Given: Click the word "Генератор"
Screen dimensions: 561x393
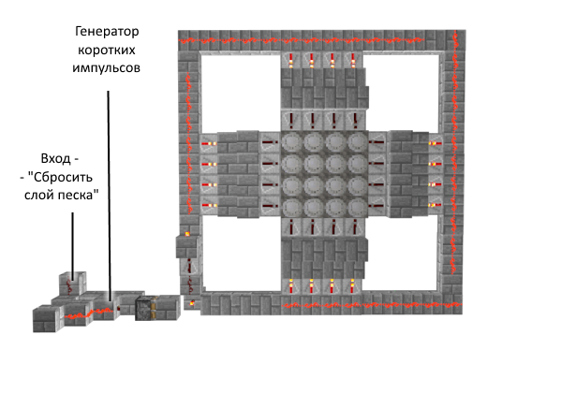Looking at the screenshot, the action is point(107,32).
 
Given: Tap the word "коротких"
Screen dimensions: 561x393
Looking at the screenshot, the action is point(107,51).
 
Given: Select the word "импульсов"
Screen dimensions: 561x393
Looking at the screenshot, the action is point(106,68).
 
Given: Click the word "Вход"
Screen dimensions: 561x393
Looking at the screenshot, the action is point(55,158).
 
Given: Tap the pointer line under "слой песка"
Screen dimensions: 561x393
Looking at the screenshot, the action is point(73,246).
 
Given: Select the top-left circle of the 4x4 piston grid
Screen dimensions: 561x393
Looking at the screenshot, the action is point(292,142).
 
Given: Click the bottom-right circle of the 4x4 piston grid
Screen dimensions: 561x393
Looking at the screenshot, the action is point(357,207).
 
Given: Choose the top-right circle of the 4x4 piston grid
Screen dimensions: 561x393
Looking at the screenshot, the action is point(357,142).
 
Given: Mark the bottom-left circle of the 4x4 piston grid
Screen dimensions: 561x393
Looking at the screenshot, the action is point(292,207).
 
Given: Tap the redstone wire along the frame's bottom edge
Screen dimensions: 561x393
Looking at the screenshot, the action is point(372,305).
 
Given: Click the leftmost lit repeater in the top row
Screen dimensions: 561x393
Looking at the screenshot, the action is point(290,61).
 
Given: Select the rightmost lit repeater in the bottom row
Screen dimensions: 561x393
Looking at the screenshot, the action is point(352,286).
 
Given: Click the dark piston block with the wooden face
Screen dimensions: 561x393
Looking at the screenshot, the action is point(145,309).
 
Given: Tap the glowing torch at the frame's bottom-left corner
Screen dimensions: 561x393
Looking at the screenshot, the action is point(192,303).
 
